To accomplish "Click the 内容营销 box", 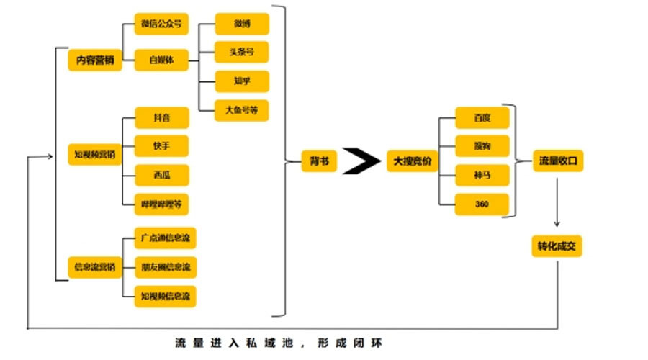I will [x=95, y=60].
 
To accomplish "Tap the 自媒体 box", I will [x=161, y=60].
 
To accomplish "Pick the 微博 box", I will [x=242, y=24].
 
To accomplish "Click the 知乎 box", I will [x=242, y=81].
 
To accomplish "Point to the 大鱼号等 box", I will [x=242, y=110].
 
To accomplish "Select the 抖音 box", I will [x=161, y=117].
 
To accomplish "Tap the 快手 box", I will [x=161, y=145].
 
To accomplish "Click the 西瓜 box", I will [x=161, y=174].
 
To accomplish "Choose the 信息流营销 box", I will [x=94, y=267].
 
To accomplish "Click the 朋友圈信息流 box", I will [x=166, y=267].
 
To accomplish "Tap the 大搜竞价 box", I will [x=411, y=161].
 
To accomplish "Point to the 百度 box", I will [x=482, y=117].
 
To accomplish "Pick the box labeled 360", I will [x=482, y=204].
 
